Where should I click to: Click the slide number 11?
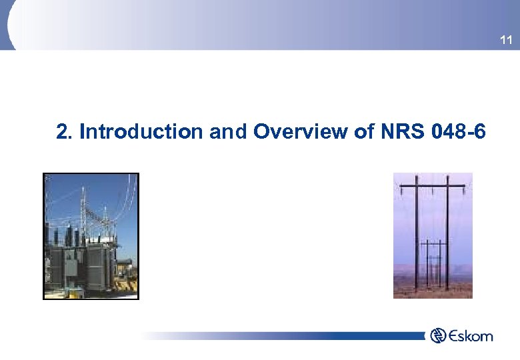[x=506, y=41]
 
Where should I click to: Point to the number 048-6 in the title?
[x=459, y=132]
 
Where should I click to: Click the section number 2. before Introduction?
[x=65, y=132]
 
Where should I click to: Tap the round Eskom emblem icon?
[x=439, y=335]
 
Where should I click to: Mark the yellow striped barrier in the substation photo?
[x=124, y=284]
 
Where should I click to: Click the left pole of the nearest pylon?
[x=417, y=233]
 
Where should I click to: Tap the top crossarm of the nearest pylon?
[x=433, y=183]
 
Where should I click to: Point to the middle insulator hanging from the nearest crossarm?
[x=433, y=189]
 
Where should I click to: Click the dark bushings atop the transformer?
[x=67, y=237]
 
